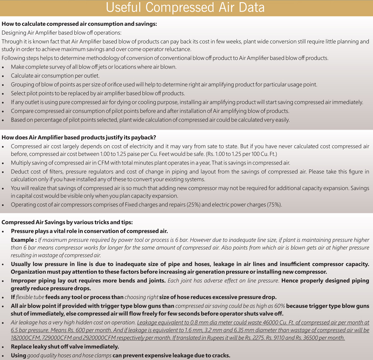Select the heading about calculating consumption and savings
tap(79, 24)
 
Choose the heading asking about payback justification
tap(79, 137)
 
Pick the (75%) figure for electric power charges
tap(273, 205)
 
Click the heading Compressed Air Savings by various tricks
tap(67, 222)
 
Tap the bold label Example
tap(24, 240)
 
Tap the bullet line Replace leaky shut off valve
tap(60, 347)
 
